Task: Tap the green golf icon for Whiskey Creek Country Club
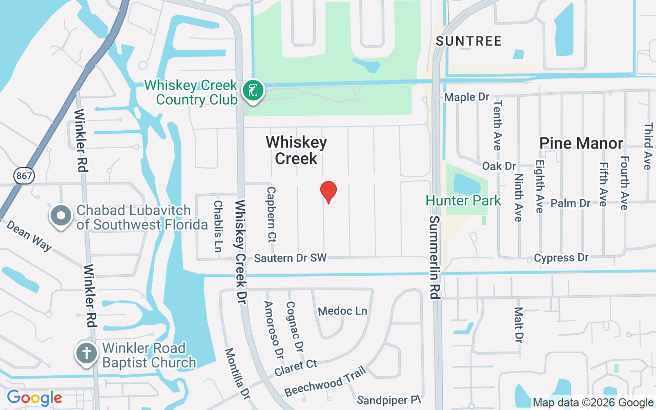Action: (253, 91)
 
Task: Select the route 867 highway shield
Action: (24, 176)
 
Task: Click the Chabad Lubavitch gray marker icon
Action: (61, 216)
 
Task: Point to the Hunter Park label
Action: (463, 200)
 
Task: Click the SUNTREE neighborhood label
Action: (469, 42)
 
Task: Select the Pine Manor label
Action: (581, 143)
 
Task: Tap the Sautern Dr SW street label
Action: (290, 258)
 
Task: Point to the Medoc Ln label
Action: (343, 311)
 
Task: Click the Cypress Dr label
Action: (561, 258)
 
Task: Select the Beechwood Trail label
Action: (325, 381)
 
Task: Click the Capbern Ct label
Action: (271, 214)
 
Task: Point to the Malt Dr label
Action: (519, 325)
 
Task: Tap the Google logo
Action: (34, 398)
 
